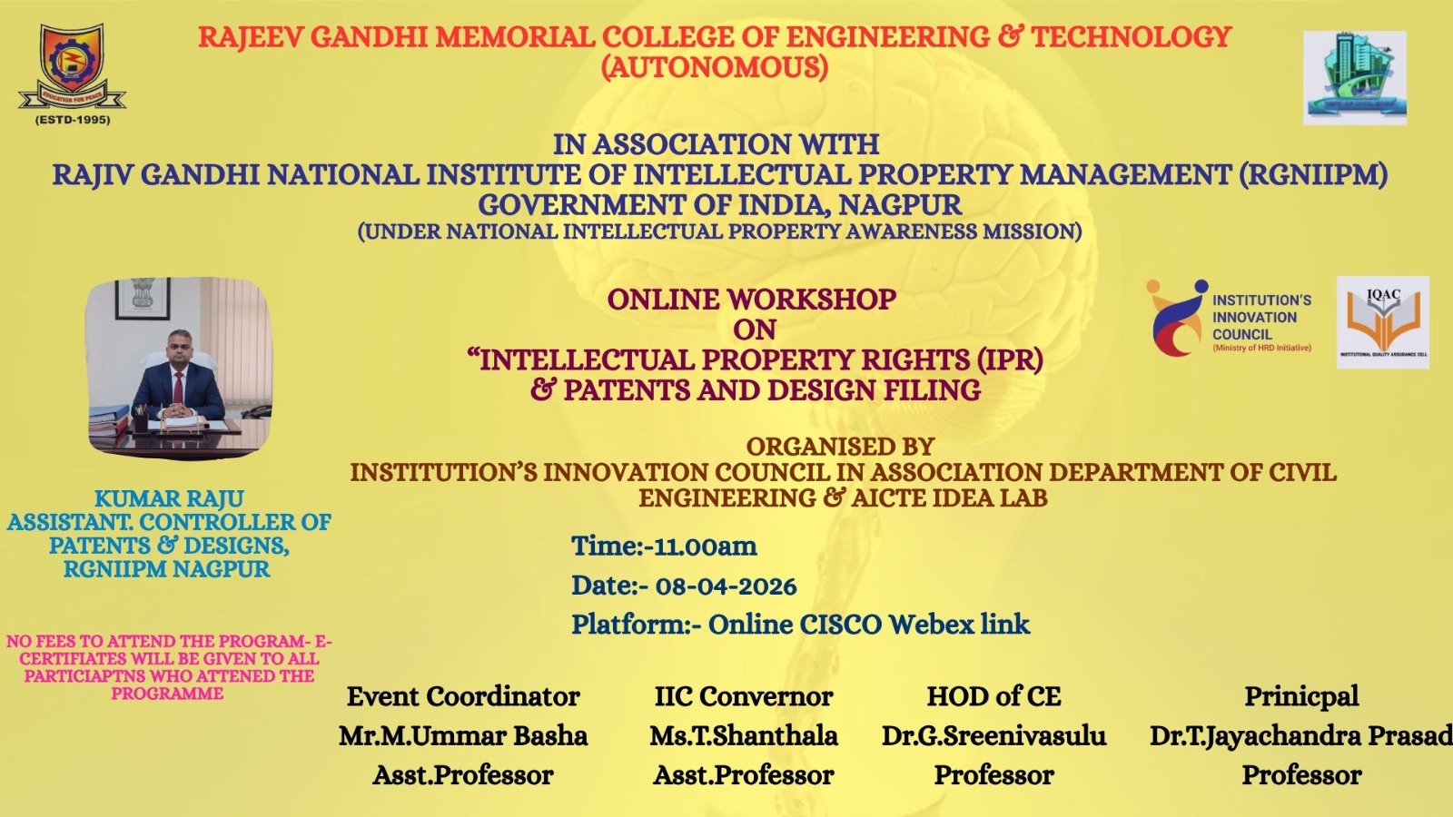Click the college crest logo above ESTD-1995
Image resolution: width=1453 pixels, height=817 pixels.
[72, 67]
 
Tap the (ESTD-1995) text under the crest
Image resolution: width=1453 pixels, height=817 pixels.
[73, 120]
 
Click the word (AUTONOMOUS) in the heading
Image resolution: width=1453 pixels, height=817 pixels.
[714, 67]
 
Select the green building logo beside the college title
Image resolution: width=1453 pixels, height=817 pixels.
[1354, 78]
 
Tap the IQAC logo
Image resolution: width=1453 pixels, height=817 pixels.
[1383, 322]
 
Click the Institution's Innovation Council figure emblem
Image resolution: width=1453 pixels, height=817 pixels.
[1175, 318]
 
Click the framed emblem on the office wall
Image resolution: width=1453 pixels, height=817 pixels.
[143, 299]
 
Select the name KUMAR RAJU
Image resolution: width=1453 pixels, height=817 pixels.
[169, 498]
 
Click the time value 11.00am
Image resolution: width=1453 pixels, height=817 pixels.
[705, 546]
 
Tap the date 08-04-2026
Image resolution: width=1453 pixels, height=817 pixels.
[726, 586]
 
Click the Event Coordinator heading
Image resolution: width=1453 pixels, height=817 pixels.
[463, 696]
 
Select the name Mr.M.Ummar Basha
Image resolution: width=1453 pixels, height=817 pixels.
[463, 736]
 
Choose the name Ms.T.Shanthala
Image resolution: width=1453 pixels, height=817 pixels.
[744, 736]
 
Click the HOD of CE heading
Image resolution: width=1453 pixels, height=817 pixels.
[993, 696]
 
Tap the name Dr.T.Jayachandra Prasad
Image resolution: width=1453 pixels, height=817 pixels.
[1301, 736]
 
